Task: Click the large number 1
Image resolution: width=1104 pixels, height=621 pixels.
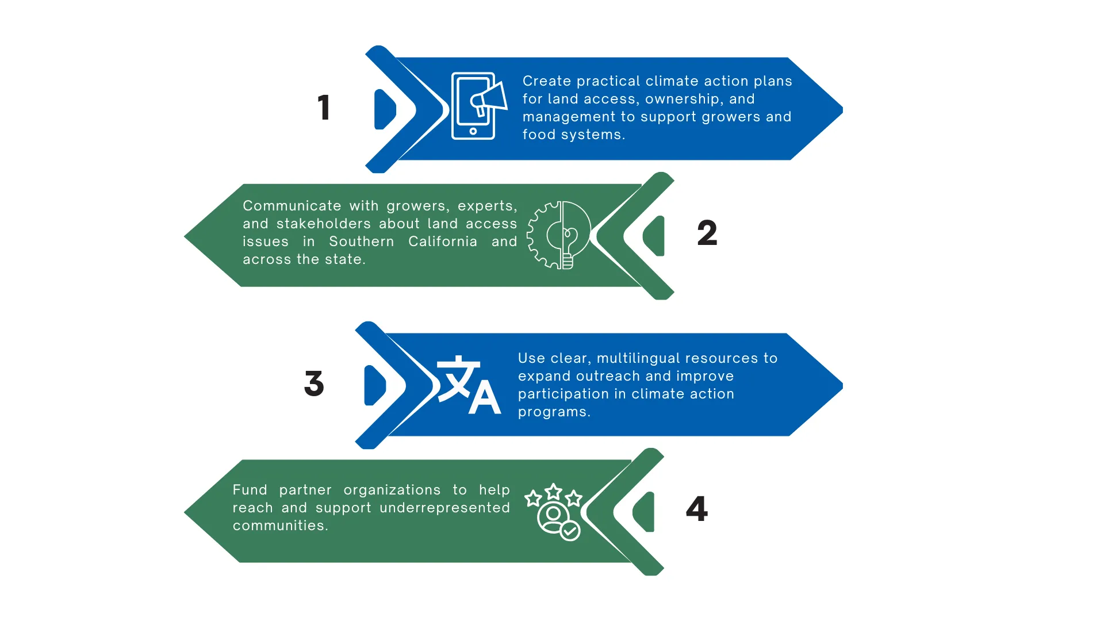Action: coord(324,108)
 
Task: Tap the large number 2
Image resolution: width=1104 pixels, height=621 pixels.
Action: coord(707,233)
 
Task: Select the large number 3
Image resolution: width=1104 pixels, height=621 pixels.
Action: coord(314,384)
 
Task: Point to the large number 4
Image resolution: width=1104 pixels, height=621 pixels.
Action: coord(697,509)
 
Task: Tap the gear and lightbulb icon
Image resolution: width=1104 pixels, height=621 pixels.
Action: coord(559,235)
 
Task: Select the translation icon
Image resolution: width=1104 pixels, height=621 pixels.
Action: coord(469,385)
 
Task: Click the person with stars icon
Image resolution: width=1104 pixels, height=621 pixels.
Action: coord(553,512)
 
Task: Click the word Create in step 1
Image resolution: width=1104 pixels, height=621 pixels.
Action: coord(547,81)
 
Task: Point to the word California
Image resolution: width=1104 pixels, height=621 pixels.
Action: coord(443,241)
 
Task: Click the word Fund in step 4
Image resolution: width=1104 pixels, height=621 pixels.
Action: coord(250,490)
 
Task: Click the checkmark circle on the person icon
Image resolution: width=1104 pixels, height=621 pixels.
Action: coord(570,531)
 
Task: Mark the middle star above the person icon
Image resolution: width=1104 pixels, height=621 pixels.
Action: coord(553,492)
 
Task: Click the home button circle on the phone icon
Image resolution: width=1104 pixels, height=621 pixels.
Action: coord(473,131)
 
